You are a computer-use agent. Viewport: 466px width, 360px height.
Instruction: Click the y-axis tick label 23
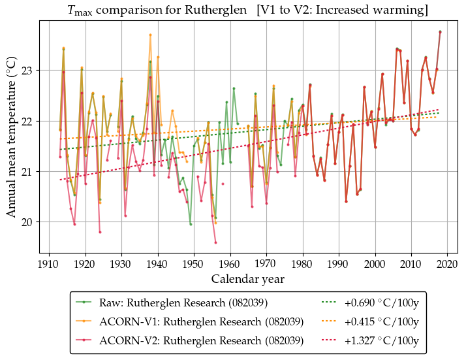(27, 71)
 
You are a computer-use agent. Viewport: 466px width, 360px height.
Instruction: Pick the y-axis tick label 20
(27, 222)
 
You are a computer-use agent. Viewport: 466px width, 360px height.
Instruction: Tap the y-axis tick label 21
(27, 172)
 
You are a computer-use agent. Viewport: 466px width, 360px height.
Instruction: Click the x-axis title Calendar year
(247, 279)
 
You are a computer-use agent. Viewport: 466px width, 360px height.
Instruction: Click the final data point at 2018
(441, 31)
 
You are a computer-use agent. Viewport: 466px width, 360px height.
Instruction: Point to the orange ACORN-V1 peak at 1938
(150, 35)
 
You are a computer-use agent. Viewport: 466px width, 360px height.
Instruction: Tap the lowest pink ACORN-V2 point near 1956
(215, 242)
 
